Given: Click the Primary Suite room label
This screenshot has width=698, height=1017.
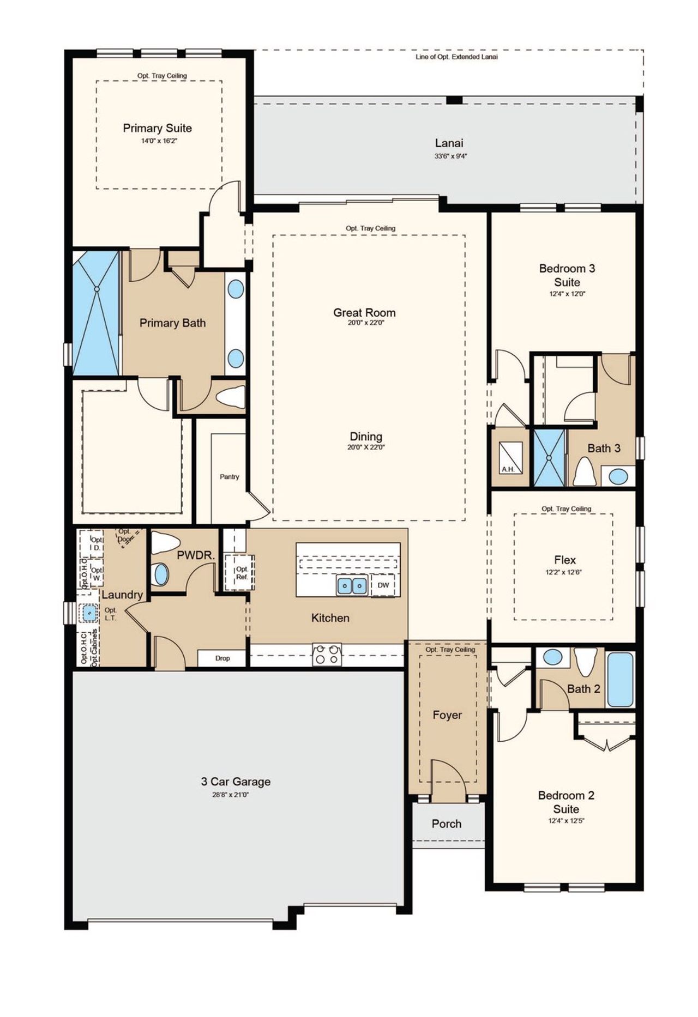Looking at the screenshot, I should tap(157, 128).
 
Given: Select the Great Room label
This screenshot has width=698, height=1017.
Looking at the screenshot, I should tap(364, 312).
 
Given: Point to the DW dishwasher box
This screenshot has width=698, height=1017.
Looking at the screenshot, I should tap(383, 585).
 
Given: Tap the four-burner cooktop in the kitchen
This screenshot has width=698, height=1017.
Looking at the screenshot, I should tap(327, 654).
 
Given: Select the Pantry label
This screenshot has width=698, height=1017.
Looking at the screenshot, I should tap(229, 476).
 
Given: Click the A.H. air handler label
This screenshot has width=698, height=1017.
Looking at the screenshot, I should tap(508, 469).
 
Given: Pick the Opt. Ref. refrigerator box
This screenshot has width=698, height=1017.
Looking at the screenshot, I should tap(242, 573).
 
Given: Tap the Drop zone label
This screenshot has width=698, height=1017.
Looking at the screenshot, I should tap(222, 658).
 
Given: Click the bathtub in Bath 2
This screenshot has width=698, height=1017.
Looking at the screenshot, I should tap(620, 679).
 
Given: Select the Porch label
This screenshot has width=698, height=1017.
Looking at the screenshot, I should tap(447, 824).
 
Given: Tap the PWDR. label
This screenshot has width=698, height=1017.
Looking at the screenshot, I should tap(196, 556).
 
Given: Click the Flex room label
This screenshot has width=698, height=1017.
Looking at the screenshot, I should tap(564, 560).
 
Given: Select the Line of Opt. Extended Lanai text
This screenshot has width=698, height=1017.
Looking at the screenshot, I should tap(456, 57).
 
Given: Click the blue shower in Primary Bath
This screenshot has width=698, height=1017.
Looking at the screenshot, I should tap(96, 313).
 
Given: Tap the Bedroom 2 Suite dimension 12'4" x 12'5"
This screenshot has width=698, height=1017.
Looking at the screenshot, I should tap(566, 821).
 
